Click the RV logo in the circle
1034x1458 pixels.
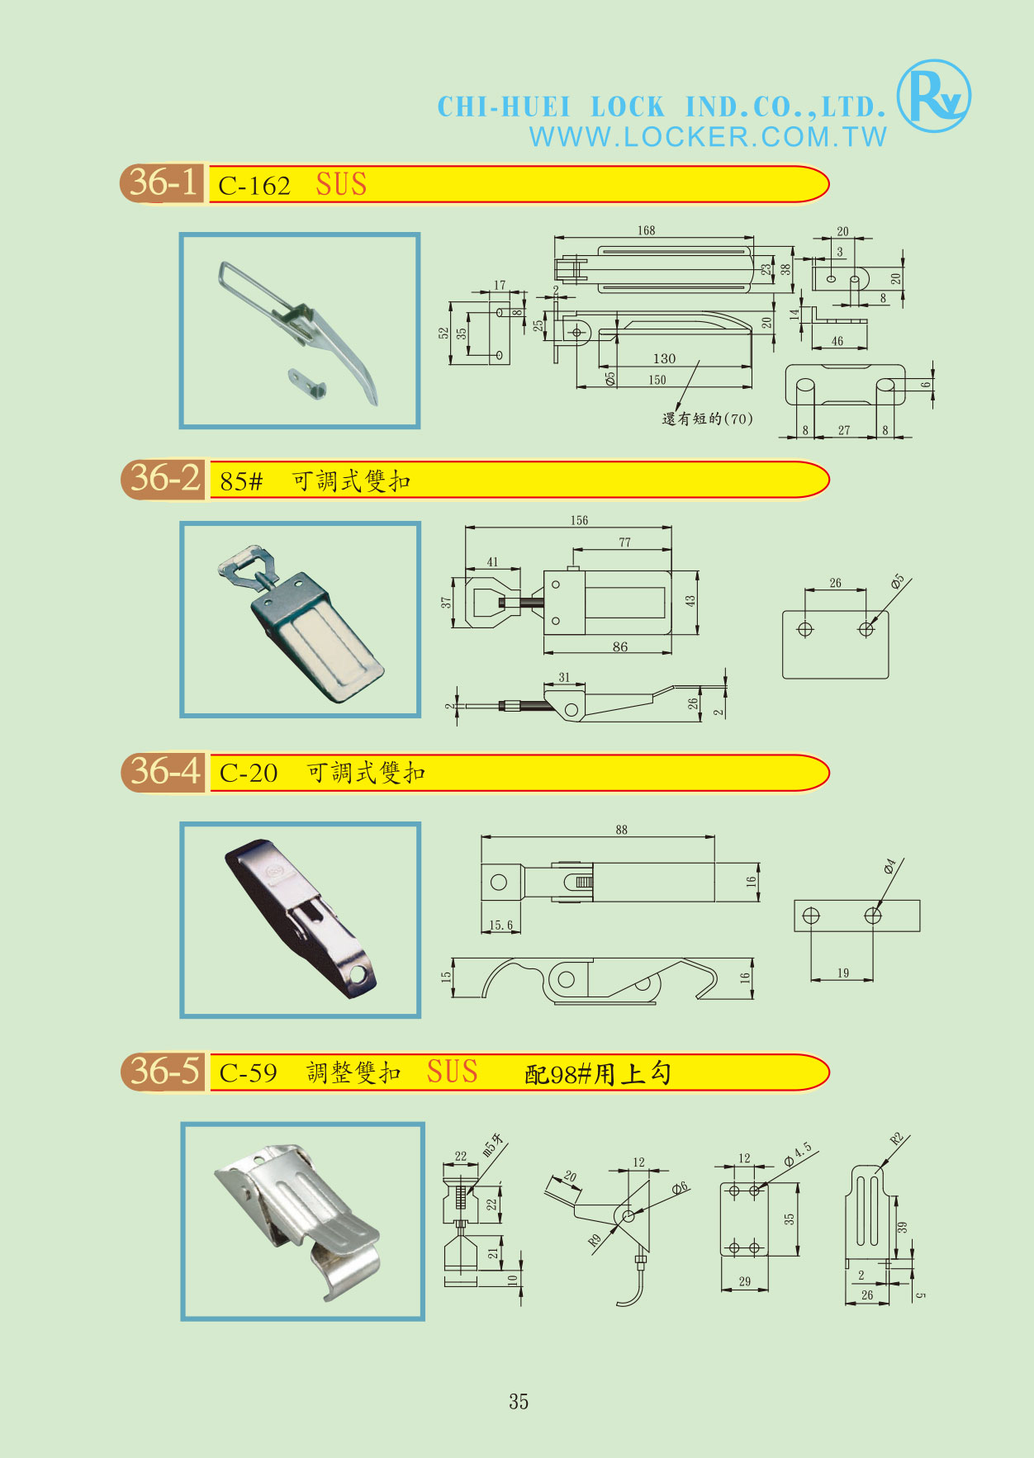click(933, 96)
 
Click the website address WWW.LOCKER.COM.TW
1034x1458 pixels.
click(708, 137)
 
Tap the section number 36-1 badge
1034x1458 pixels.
click(164, 182)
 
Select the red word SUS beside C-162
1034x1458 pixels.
click(341, 184)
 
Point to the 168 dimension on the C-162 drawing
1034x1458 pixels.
click(646, 230)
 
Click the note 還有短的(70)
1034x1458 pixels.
click(707, 419)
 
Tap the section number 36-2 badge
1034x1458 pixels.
click(164, 479)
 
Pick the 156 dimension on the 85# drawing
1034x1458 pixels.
click(579, 520)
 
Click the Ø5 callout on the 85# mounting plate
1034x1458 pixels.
click(898, 582)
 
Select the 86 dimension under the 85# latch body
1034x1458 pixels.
click(620, 647)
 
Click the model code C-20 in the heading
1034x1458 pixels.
click(249, 774)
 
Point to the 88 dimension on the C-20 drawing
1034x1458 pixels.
click(621, 830)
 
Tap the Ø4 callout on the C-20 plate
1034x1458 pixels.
click(889, 866)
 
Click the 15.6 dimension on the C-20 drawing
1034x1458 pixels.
click(500, 925)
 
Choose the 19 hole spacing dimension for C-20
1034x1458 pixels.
click(842, 973)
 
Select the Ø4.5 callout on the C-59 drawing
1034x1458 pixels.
click(798, 1153)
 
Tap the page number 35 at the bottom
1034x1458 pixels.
click(519, 1401)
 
